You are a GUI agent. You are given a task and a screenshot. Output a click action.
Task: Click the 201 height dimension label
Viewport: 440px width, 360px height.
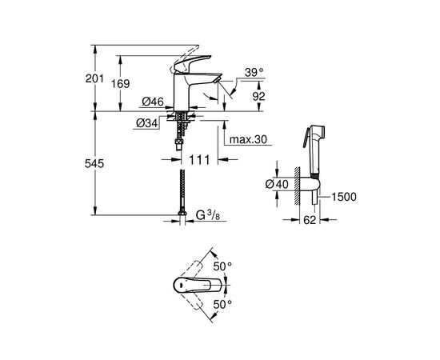click(94, 78)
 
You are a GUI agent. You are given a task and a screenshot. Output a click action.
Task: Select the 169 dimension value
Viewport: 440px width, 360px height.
click(120, 84)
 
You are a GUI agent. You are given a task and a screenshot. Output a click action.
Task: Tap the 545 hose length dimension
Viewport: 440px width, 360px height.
click(94, 163)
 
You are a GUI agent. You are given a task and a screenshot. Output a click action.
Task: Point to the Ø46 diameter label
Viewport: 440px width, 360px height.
click(153, 102)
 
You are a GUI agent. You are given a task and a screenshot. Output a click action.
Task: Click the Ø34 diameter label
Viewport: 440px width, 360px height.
click(147, 123)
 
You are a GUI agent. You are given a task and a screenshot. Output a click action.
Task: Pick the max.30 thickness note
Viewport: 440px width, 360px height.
click(248, 139)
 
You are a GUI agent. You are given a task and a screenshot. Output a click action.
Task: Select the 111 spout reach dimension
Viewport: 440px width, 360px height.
click(199, 160)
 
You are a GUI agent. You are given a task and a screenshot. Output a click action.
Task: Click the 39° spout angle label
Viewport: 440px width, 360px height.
click(254, 73)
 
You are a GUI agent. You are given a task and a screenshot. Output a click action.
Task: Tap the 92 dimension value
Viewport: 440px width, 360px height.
click(258, 96)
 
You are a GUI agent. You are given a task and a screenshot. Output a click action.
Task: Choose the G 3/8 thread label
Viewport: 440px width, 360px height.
click(208, 215)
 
